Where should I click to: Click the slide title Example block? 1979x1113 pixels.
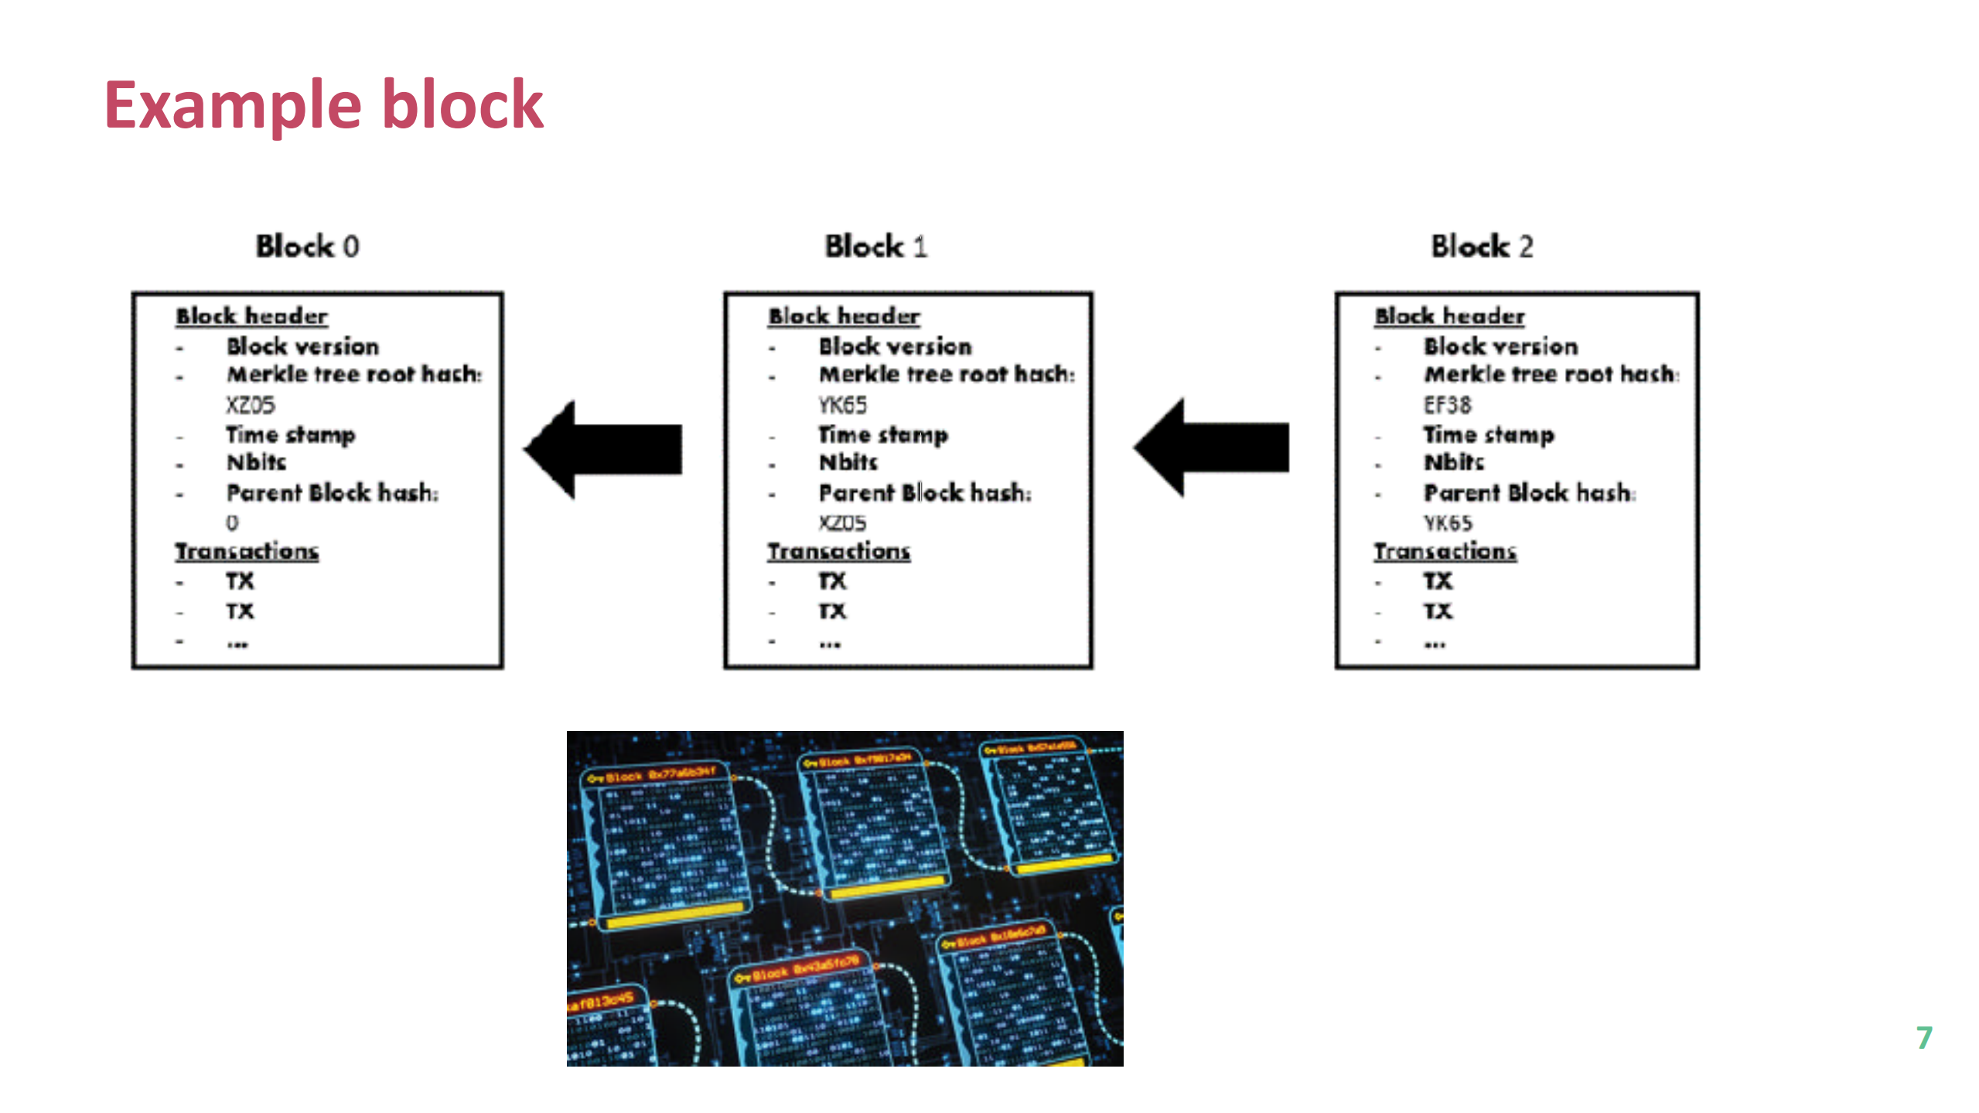pos(323,105)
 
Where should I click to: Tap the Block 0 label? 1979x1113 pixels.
pos(307,246)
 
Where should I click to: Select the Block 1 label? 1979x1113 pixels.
pos(875,246)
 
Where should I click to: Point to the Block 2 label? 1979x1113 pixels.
pos(1481,246)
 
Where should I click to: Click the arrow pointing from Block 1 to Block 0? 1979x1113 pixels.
pos(606,449)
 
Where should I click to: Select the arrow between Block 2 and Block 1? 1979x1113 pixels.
pos(1213,447)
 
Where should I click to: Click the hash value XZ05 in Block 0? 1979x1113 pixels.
pos(250,405)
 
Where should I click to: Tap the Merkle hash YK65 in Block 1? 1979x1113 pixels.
pos(842,405)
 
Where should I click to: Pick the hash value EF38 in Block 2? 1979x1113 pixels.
pos(1447,405)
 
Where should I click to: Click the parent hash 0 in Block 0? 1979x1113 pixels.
pos(232,523)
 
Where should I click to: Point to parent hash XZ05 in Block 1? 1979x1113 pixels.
pos(842,523)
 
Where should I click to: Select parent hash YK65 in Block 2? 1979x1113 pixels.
pos(1448,523)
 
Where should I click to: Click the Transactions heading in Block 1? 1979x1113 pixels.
pos(838,551)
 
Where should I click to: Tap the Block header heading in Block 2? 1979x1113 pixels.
pos(1449,316)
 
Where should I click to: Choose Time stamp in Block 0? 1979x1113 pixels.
pos(290,434)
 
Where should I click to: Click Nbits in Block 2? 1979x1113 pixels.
pos(1454,462)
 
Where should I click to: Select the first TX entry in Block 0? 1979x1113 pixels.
pos(240,580)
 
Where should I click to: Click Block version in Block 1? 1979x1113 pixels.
pos(895,346)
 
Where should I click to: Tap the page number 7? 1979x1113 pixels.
pos(1924,1037)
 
